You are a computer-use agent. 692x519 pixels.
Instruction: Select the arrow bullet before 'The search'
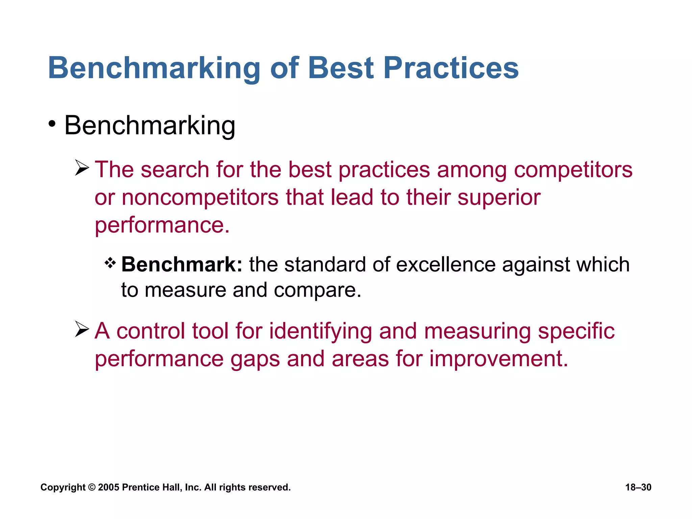pyautogui.click(x=82, y=168)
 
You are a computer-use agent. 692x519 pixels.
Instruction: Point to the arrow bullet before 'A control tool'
pyautogui.click(x=82, y=329)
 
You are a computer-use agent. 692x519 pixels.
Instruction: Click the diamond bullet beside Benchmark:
pyautogui.click(x=110, y=263)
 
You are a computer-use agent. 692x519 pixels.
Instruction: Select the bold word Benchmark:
pyautogui.click(x=182, y=264)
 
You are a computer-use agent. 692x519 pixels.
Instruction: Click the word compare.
pyautogui.click(x=317, y=290)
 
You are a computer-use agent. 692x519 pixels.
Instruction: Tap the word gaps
pyautogui.click(x=255, y=360)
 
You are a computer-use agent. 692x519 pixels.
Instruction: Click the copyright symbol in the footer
pyautogui.click(x=92, y=487)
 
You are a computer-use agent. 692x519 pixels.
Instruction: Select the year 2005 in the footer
pyautogui.click(x=109, y=487)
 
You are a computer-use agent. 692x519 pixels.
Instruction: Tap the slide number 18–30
pyautogui.click(x=638, y=487)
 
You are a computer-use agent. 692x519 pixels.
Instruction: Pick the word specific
pyautogui.click(x=576, y=331)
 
